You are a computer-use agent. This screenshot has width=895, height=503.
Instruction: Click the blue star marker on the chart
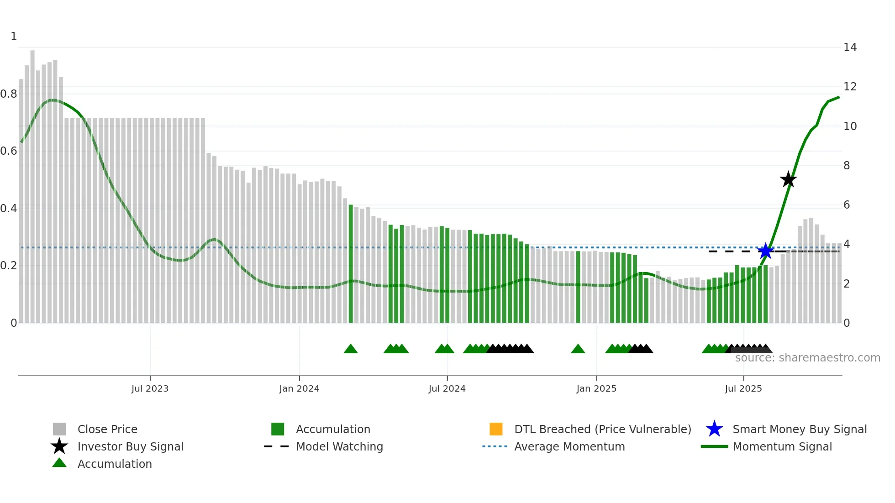pos(766,251)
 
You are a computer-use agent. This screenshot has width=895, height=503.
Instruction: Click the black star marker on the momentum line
pos(788,179)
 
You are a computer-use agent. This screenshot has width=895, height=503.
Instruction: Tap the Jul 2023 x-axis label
pos(150,388)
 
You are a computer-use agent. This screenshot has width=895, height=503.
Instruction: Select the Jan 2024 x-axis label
pos(299,388)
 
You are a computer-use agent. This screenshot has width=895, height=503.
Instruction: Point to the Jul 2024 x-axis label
pos(447,388)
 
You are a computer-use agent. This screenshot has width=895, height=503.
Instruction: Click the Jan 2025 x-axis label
pos(596,388)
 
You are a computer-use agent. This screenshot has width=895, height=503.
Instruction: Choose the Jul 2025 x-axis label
pos(743,388)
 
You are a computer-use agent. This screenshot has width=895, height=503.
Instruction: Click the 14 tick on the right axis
pos(850,47)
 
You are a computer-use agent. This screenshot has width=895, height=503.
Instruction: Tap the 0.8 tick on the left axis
pos(9,94)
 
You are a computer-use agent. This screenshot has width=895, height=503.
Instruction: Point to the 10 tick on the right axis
pos(850,126)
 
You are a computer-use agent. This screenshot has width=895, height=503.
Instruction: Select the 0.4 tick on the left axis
pos(9,209)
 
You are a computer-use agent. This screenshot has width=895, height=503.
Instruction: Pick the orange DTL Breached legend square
pos(496,429)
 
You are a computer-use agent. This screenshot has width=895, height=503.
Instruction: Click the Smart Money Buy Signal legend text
pos(800,429)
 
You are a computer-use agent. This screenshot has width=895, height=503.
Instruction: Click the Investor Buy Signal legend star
pos(59,446)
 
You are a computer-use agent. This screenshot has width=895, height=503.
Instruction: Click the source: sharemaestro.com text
pos(807,358)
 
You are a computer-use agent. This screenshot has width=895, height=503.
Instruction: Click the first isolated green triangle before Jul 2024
pos(351,349)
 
